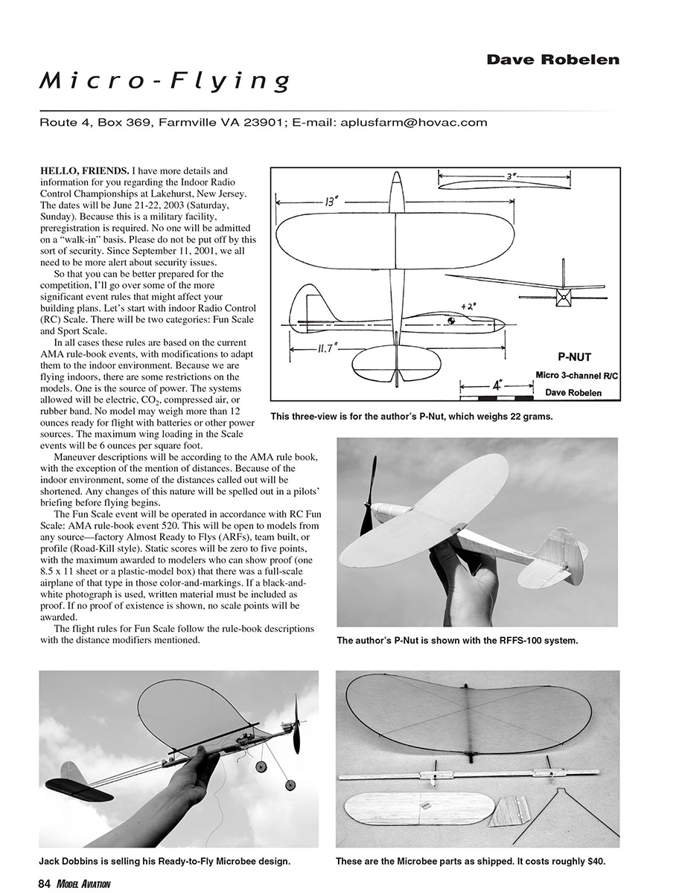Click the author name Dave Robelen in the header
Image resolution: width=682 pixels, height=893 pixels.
(x=552, y=60)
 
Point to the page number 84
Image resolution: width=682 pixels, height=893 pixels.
(x=44, y=883)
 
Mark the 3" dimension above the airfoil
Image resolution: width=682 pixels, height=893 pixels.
(x=512, y=177)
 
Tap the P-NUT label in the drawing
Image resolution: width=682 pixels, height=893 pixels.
(x=575, y=356)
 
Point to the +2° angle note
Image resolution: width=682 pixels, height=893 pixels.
(x=469, y=304)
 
